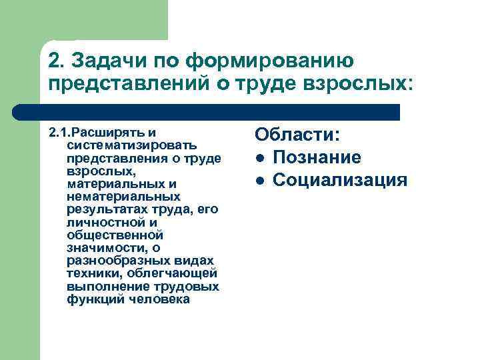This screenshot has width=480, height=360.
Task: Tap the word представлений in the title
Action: (116, 84)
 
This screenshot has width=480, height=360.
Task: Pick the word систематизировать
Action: (131, 144)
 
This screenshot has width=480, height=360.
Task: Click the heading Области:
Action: (297, 135)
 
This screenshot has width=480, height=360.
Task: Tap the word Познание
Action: (317, 157)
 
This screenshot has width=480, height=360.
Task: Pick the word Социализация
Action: (339, 180)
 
